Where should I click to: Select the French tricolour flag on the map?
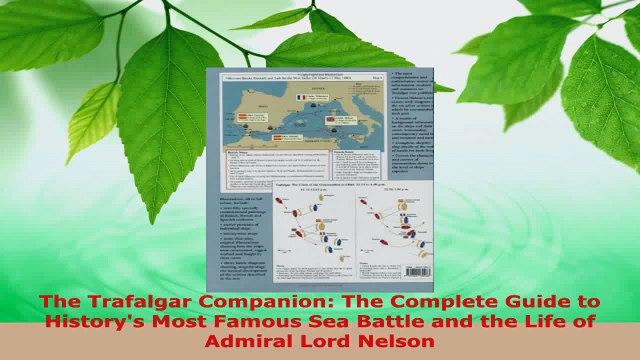point(299,99)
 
